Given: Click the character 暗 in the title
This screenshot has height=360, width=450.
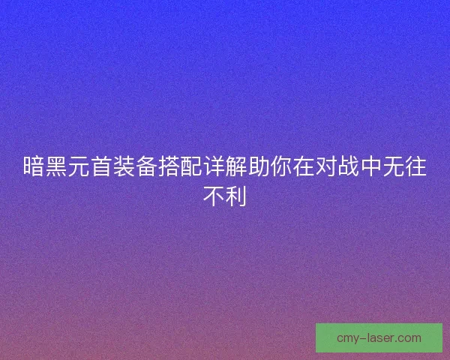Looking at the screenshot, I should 34,167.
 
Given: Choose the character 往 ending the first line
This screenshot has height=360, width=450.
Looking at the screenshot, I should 416,167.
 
